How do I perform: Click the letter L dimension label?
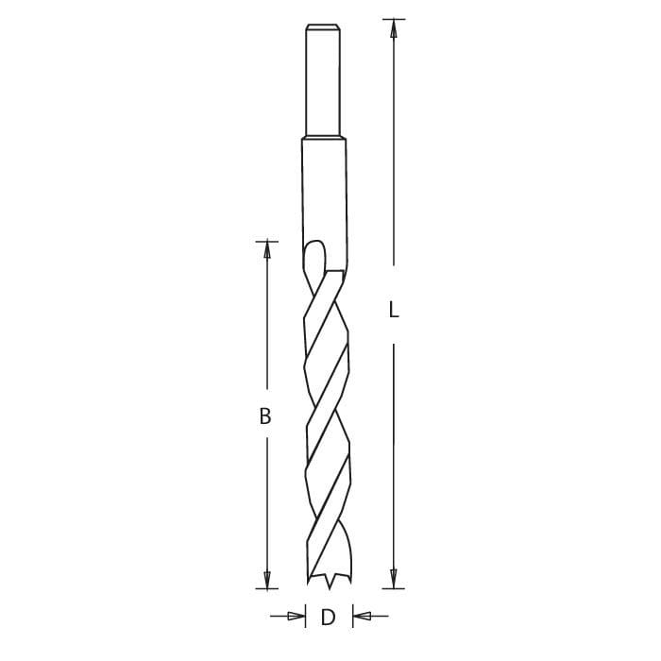pyautogui.click(x=395, y=309)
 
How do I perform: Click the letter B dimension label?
pyautogui.click(x=266, y=415)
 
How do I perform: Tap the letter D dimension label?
pyautogui.click(x=329, y=619)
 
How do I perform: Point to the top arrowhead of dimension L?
pyautogui.click(x=395, y=28)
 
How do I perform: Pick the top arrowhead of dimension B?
pyautogui.click(x=267, y=249)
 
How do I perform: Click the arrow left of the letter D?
pyautogui.click(x=295, y=618)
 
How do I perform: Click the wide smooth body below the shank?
pyautogui.click(x=325, y=189)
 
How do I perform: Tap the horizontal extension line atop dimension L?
pyautogui.click(x=393, y=19)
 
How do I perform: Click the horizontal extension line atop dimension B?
pyautogui.click(x=267, y=240)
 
